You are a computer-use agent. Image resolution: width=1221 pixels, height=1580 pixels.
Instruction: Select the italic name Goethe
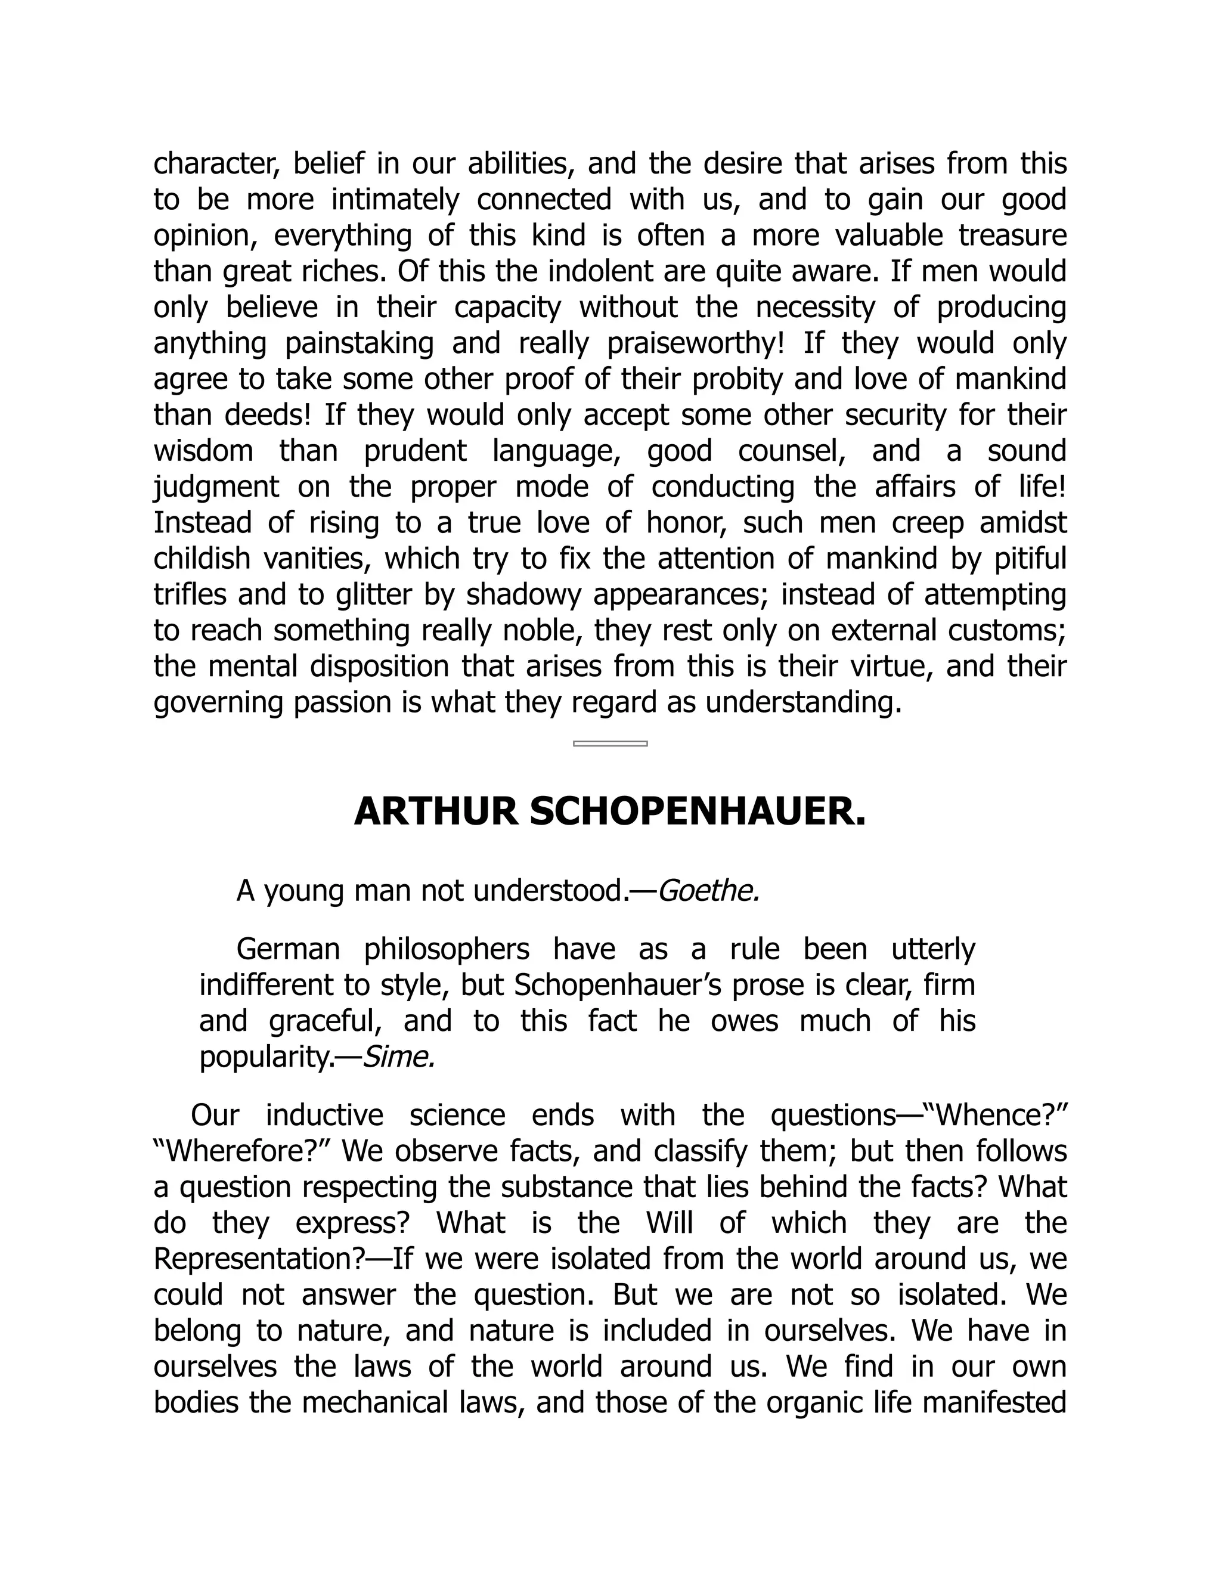pos(708,891)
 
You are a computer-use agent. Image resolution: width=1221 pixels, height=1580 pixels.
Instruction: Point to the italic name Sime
pos(398,1057)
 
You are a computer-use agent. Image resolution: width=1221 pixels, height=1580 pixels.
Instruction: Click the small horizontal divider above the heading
pos(610,743)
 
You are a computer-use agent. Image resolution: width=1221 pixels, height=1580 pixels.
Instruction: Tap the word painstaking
pos(359,343)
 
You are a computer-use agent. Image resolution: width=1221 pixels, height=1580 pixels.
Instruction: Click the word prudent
pos(414,451)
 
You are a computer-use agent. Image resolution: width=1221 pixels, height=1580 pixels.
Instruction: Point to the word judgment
pos(216,487)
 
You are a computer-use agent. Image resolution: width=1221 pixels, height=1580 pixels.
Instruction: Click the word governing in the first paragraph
pos(218,702)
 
